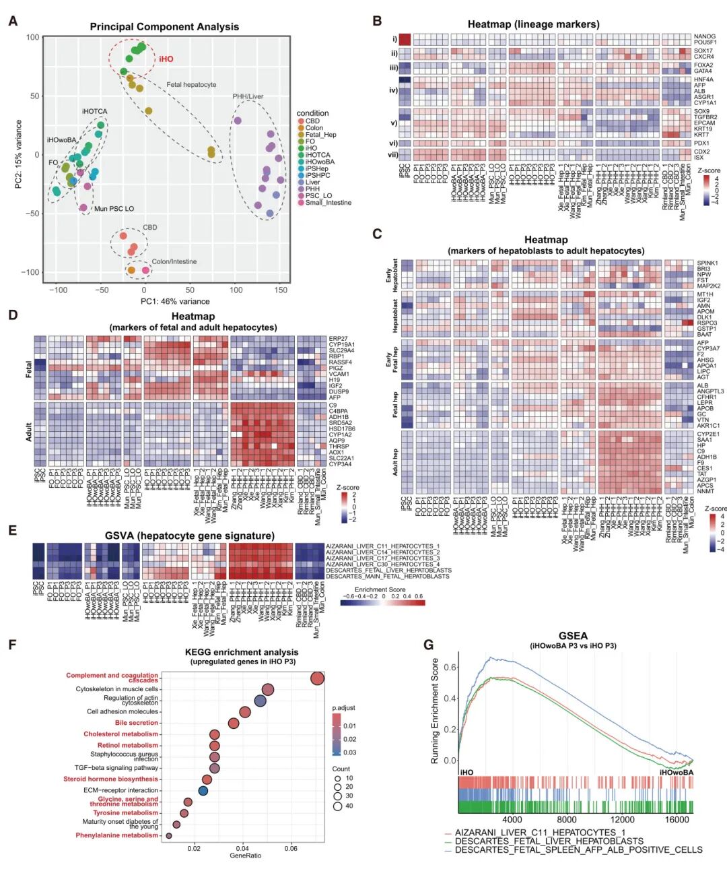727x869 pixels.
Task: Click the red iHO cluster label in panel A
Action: point(166,59)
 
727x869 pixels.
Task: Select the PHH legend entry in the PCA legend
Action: point(312,189)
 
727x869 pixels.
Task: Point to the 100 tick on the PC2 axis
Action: point(33,37)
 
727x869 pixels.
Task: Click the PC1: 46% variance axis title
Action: point(175,301)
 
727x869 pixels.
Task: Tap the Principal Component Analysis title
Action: point(164,27)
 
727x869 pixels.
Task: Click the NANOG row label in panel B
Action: point(705,37)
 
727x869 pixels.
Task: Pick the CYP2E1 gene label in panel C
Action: point(707,434)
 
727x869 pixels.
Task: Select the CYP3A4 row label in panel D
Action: point(340,464)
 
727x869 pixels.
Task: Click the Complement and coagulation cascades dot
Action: point(318,678)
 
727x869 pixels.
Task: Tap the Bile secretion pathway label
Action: point(137,723)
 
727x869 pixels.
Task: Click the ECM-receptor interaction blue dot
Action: point(203,790)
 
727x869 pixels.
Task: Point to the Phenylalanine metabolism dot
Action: point(169,835)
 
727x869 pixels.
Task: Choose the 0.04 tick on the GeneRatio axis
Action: point(242,849)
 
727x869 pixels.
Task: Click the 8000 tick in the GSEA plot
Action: point(567,820)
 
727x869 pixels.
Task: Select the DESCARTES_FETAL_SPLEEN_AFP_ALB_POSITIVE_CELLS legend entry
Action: point(578,850)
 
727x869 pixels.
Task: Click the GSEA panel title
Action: point(573,636)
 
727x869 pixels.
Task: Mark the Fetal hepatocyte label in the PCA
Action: point(192,85)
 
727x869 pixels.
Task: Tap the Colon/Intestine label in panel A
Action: point(174,261)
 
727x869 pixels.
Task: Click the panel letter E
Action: point(12,530)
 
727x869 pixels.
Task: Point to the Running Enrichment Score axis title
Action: point(435,711)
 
